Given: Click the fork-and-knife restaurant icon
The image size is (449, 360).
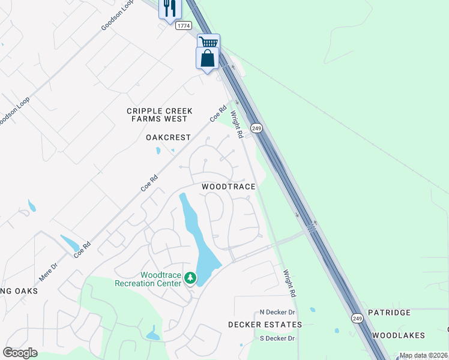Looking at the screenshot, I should coord(169,8).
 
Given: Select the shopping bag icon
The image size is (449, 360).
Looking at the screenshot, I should coord(207,58).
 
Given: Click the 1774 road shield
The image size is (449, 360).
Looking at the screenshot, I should coord(184,26).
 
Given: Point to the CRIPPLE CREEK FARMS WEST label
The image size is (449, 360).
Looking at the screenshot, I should coord(160,115).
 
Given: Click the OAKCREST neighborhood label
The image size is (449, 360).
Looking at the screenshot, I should coord(168,137).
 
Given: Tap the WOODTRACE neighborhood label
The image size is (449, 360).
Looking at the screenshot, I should coord(229,187).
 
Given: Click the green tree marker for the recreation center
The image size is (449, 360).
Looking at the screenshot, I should coord(190,278).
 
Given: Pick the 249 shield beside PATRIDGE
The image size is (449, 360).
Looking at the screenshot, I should coord(358,317).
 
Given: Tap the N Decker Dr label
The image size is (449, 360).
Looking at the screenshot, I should coord(277,312).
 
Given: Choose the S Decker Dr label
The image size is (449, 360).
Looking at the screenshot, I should coord(277,338).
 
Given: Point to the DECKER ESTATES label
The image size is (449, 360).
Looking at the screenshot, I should coord(265,325).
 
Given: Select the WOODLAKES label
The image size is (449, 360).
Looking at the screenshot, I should coord(398,335).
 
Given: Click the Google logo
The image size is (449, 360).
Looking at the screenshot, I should coord(20,353).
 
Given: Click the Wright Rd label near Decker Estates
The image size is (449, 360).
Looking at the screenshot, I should coord(290,283).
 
